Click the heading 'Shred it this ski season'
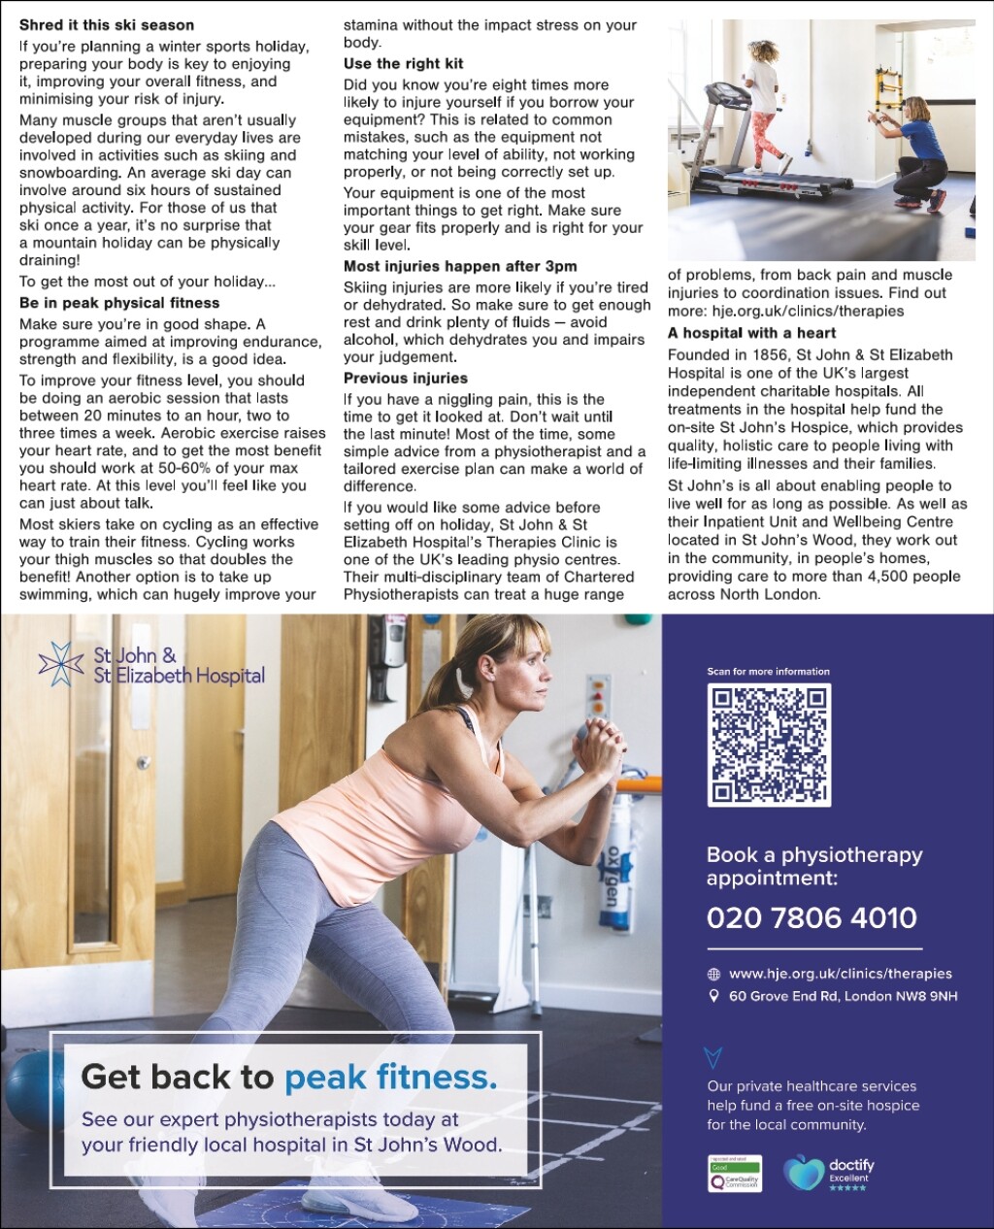click(107, 25)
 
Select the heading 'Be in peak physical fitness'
click(119, 303)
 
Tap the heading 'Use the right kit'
click(404, 64)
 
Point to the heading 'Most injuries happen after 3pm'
click(460, 266)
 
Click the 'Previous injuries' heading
click(406, 379)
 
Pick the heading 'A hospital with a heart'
click(751, 333)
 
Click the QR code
click(770, 745)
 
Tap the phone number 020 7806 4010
click(812, 917)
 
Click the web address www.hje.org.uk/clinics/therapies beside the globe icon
click(841, 974)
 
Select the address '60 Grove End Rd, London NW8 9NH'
click(843, 996)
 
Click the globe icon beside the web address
click(714, 975)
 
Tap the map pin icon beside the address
click(714, 996)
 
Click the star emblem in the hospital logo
click(61, 664)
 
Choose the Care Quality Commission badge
click(735, 1174)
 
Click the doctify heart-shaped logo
click(803, 1173)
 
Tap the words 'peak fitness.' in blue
click(390, 1077)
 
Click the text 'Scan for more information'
click(768, 672)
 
